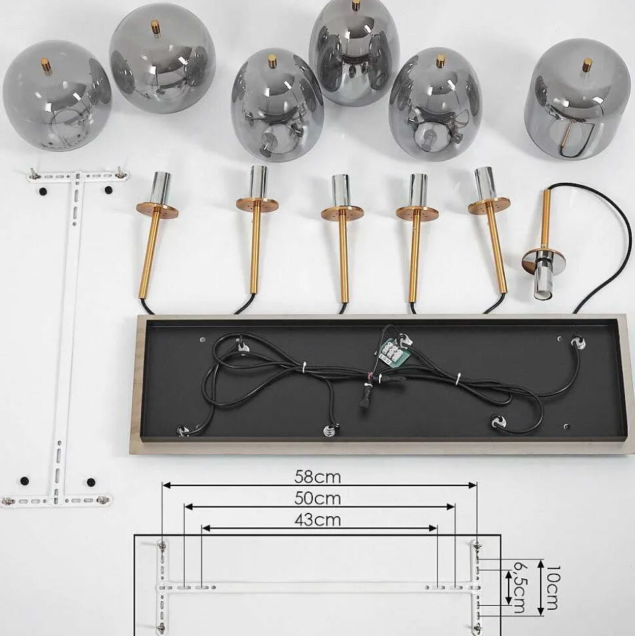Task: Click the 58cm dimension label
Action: [317, 477]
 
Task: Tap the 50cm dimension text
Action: [317, 498]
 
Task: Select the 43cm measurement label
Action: [317, 519]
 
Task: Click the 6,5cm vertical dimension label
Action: [520, 587]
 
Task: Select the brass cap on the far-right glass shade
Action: [587, 65]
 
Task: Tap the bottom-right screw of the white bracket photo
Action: [104, 499]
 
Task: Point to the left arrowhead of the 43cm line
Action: [206, 528]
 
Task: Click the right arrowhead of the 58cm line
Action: [473, 485]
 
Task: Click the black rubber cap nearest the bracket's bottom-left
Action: [25, 481]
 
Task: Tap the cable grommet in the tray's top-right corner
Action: [577, 341]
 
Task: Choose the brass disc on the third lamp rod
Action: [342, 212]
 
